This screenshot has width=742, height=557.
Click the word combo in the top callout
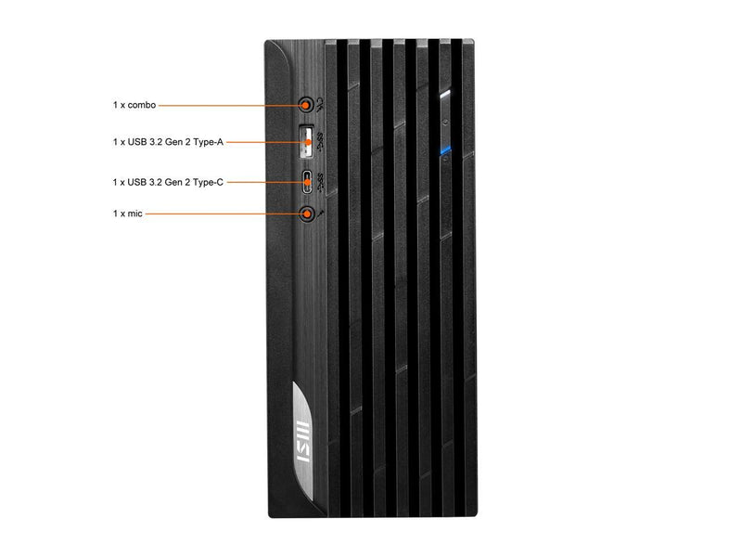click(142, 105)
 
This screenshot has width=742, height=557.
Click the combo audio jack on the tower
click(307, 104)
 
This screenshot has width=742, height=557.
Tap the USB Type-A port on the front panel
click(307, 142)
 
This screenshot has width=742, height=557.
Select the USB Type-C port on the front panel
click(308, 182)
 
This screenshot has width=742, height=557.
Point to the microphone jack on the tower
click(308, 214)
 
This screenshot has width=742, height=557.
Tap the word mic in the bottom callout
click(134, 214)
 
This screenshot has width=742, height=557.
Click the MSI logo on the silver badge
click(302, 440)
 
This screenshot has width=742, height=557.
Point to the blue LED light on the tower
click(445, 150)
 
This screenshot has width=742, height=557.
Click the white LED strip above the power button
click(445, 94)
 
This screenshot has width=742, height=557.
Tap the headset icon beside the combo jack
click(320, 105)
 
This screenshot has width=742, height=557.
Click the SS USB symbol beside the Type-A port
click(320, 141)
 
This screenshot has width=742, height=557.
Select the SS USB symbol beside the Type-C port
click(321, 182)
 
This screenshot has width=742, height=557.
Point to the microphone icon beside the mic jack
click(321, 214)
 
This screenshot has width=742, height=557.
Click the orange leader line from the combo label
click(229, 105)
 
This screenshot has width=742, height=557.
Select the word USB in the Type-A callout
click(137, 142)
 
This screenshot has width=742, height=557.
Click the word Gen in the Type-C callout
click(173, 182)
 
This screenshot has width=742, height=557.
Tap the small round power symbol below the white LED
click(445, 123)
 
